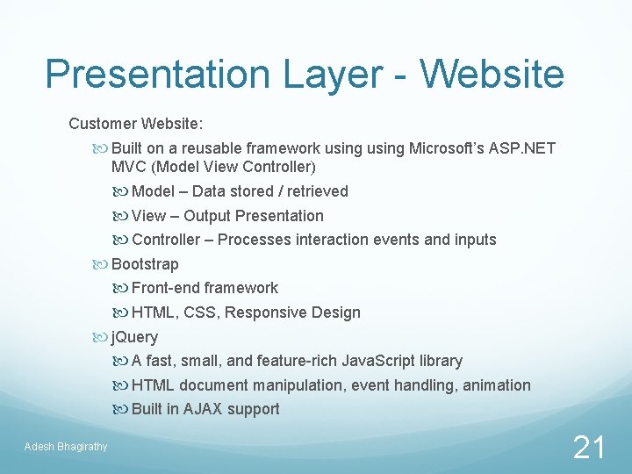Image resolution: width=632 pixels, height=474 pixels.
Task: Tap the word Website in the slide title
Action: coord(492,74)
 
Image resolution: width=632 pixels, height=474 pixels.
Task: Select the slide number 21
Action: coord(588,448)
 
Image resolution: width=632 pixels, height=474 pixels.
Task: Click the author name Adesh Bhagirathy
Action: coord(66,447)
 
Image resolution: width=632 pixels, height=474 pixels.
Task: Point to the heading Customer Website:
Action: coord(135,124)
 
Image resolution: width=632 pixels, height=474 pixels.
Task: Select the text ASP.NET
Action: coord(523,148)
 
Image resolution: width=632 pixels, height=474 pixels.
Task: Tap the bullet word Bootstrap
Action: coord(145,264)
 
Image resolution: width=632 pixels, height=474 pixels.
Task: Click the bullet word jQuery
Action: coord(134,337)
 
